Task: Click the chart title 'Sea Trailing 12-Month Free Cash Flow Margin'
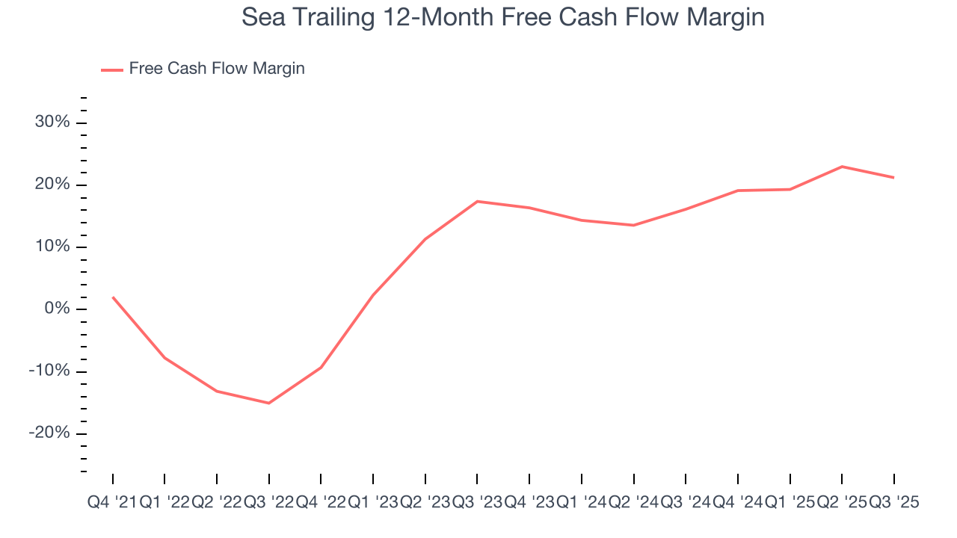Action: [x=502, y=18]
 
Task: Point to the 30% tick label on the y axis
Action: [x=52, y=122]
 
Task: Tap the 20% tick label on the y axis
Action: [x=52, y=185]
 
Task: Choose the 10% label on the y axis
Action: [x=52, y=247]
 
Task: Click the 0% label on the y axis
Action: [x=56, y=309]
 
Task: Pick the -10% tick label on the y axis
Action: [x=49, y=371]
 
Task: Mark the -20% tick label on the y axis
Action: [x=49, y=433]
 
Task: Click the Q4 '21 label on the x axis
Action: [x=111, y=503]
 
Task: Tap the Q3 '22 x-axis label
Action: [x=268, y=503]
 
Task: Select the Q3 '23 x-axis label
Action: [x=477, y=503]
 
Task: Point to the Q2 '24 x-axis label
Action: [x=633, y=503]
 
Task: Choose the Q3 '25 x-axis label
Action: [x=893, y=503]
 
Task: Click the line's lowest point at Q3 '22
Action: [x=268, y=403]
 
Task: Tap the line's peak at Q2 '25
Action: [x=842, y=167]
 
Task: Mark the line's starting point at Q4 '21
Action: [x=113, y=297]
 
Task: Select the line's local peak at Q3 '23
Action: [x=477, y=201]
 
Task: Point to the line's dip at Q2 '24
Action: [x=633, y=225]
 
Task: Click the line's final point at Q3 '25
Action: [x=893, y=177]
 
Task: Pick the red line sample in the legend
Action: [x=111, y=69]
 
